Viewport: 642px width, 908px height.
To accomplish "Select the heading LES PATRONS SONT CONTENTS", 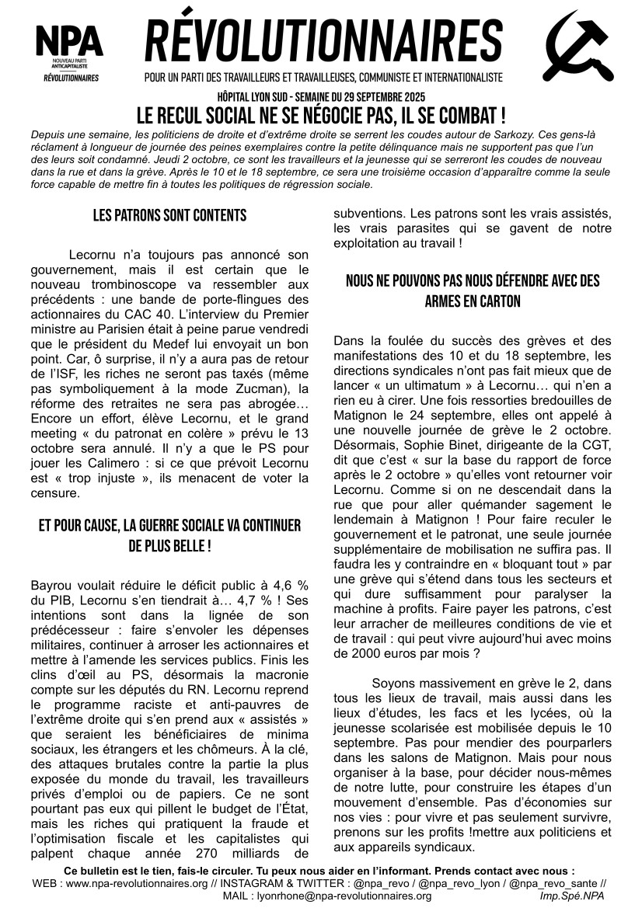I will click(169, 216).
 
